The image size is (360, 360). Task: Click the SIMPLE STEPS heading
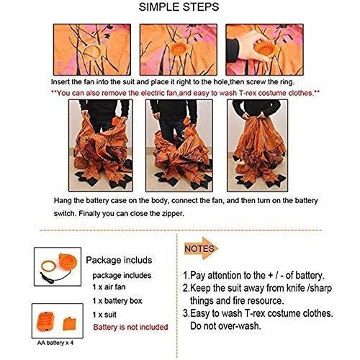point(180,9)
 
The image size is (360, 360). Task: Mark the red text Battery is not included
point(131,327)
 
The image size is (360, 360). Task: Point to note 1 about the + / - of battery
point(253,276)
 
